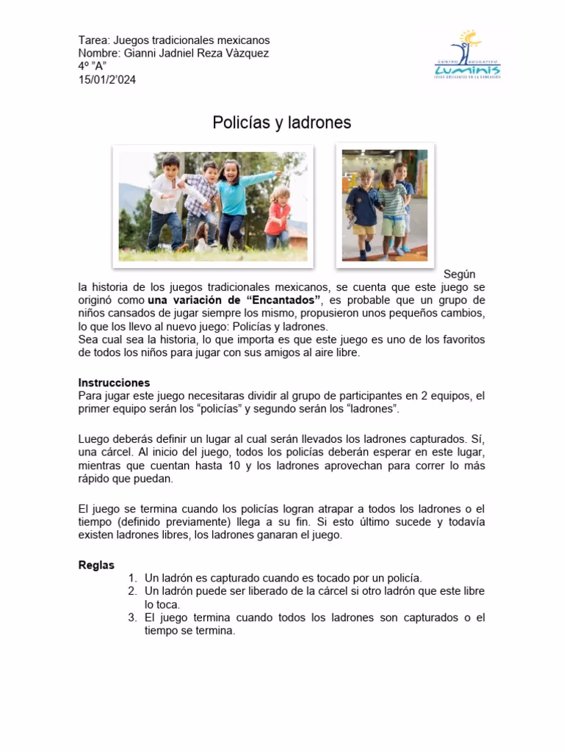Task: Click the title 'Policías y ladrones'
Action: [x=282, y=123]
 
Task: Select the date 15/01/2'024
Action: [x=107, y=80]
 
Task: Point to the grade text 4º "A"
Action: [x=92, y=67]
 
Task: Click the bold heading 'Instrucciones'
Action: [x=114, y=383]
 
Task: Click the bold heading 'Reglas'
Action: [x=96, y=565]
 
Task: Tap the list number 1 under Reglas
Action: [x=132, y=578]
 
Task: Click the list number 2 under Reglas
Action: [x=132, y=591]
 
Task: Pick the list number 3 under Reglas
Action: [x=132, y=618]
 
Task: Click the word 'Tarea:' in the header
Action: [x=94, y=40]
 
